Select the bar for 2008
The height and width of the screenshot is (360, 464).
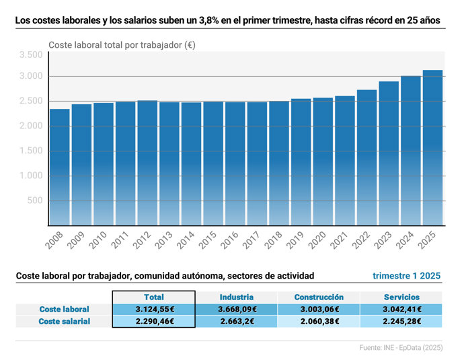[59, 168]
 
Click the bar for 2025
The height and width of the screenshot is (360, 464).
[432, 148]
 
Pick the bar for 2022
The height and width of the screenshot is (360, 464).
[366, 157]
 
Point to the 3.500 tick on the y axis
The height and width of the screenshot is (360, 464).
[30, 55]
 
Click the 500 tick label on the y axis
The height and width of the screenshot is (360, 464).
[35, 201]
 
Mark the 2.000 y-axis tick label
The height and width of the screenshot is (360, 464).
[30, 126]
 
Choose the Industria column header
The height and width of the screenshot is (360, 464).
[236, 297]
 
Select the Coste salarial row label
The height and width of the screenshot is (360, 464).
[64, 321]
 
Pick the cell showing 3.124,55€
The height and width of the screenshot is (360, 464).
[154, 310]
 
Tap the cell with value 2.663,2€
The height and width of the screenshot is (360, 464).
[236, 321]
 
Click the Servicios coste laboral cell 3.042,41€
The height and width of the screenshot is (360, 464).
[401, 310]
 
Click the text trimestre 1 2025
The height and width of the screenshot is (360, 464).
[407, 276]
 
